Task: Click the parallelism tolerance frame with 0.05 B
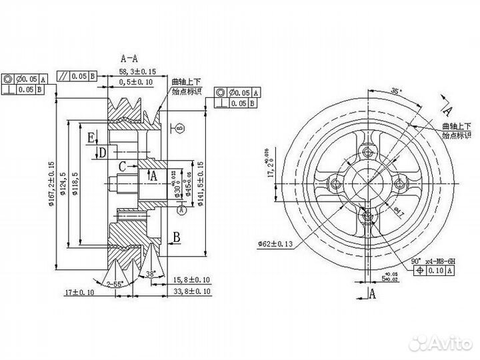79,75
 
